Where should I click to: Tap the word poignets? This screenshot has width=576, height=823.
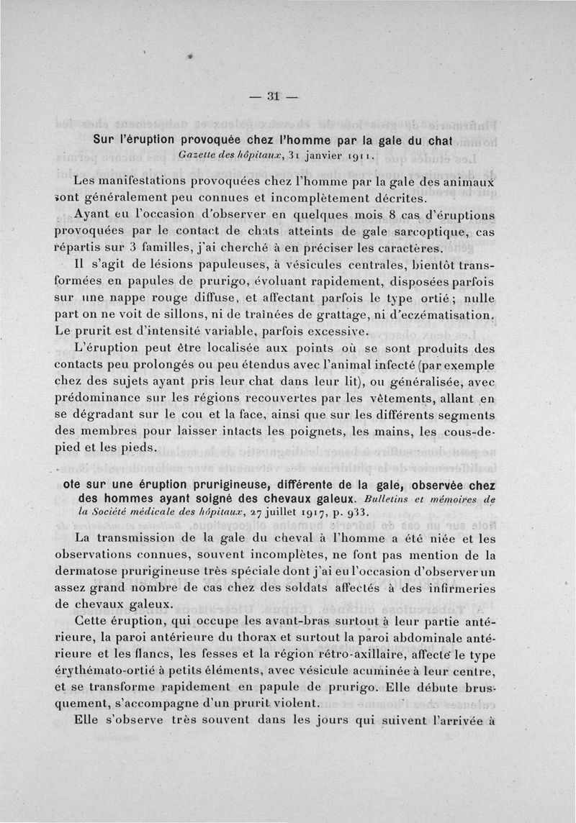tap(315, 433)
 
